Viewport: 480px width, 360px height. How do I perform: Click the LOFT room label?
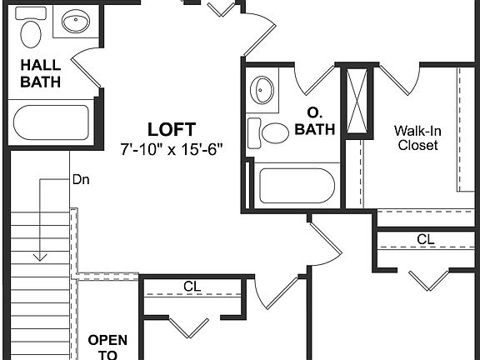point(172,129)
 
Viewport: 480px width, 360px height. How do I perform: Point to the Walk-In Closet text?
point(417,137)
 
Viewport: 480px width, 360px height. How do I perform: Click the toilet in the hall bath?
point(31,32)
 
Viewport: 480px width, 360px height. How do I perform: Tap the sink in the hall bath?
point(76,22)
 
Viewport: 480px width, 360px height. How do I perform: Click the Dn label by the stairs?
point(81,178)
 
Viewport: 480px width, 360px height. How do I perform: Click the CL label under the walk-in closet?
point(426,239)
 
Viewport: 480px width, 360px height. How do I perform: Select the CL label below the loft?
point(192,287)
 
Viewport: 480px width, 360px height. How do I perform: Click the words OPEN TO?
point(107,346)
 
